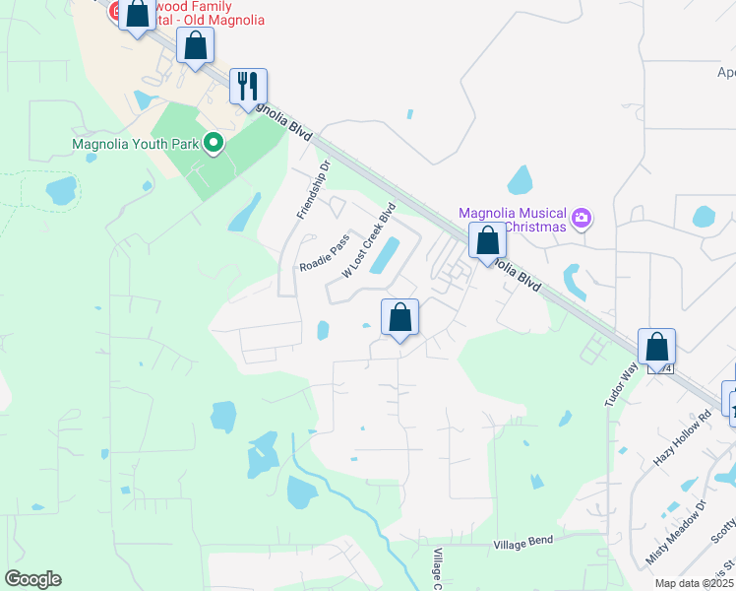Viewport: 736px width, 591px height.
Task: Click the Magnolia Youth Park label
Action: click(136, 144)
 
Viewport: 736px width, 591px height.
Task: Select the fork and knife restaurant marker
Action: click(249, 86)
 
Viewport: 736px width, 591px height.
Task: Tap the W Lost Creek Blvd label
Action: click(368, 239)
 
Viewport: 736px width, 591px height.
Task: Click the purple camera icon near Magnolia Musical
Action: click(582, 217)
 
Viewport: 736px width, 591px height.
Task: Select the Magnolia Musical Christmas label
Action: click(514, 221)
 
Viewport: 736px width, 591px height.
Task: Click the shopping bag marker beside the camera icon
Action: click(487, 241)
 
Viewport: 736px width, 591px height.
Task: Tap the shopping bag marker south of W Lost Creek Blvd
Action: click(399, 318)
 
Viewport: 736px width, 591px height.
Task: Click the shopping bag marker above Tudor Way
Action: click(656, 348)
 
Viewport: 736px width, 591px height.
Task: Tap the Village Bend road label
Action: click(523, 541)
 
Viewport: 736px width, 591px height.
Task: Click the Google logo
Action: click(32, 579)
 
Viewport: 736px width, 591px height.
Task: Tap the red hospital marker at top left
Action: click(115, 12)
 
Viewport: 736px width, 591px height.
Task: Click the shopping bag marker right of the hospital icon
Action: click(196, 45)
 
